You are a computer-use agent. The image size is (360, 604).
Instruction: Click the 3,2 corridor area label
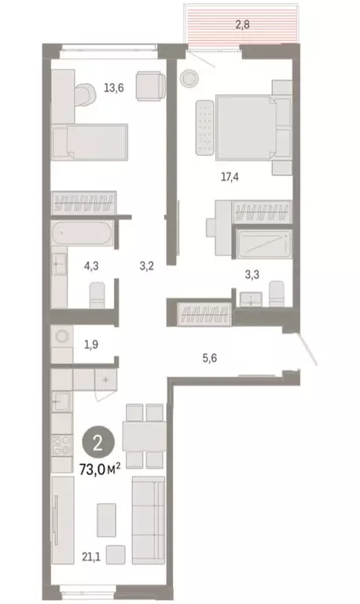pos(145,265)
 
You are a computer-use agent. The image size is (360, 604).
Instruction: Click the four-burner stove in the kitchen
pos(61,451)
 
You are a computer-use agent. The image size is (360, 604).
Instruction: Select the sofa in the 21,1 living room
pos(147,511)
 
